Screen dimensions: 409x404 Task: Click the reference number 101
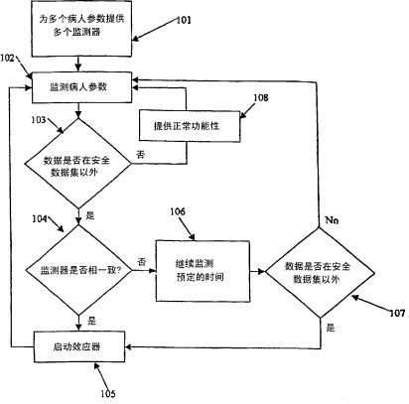tap(184, 20)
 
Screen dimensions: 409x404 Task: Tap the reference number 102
tap(7, 59)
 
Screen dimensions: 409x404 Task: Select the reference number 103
tap(39, 119)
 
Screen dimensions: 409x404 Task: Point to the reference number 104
tap(40, 218)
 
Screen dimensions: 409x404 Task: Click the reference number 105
tap(108, 394)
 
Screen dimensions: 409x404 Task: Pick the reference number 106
tap(178, 211)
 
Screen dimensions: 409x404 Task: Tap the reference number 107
tap(397, 313)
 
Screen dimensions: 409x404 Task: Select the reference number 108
tap(261, 97)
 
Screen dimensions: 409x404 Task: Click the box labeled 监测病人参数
tap(81, 87)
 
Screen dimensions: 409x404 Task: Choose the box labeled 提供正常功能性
tap(190, 126)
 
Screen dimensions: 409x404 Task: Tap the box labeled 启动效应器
tap(79, 346)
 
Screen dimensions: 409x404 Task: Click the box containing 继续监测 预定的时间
tap(203, 271)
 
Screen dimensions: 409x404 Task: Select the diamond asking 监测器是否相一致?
tap(78, 270)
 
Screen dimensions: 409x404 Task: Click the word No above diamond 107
tap(332, 220)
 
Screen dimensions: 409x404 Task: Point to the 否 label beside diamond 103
tap(141, 154)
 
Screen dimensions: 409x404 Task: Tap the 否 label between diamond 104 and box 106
tap(142, 262)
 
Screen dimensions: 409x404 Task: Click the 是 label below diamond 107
tap(331, 328)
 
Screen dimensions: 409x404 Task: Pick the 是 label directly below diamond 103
tap(90, 215)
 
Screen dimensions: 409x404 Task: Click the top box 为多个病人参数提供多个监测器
tap(81, 29)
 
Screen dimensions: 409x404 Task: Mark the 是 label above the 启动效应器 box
tap(91, 321)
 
